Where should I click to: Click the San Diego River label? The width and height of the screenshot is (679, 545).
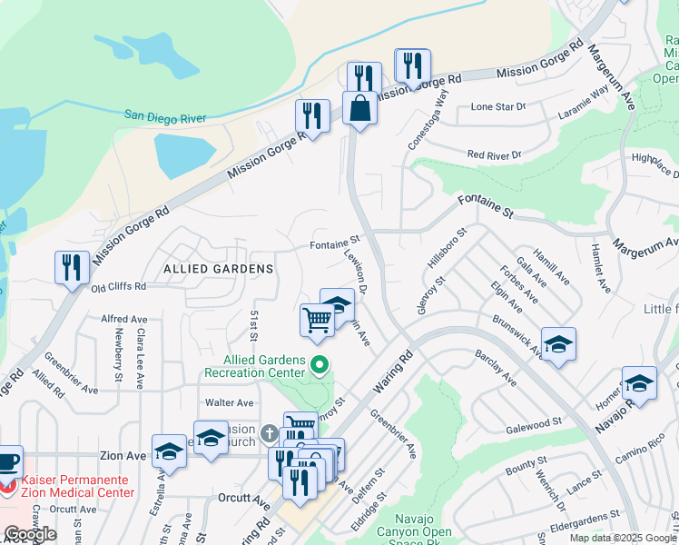pos(165,117)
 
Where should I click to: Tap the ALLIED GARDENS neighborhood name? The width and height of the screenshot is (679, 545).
pos(218,269)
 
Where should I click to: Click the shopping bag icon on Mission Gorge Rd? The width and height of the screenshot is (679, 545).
pos(359,109)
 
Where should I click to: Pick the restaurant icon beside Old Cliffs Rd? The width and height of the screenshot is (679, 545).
pos(72,268)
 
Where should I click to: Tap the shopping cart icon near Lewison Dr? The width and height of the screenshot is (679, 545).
pos(317,320)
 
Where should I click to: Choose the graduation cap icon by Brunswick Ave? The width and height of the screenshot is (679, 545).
pos(559,344)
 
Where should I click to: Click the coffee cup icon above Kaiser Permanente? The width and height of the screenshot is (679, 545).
pos(7,461)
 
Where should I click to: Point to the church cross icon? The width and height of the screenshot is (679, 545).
pos(270,434)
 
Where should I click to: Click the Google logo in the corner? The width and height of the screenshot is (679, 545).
pos(30,534)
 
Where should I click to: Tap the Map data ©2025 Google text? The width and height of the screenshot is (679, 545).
pos(622,538)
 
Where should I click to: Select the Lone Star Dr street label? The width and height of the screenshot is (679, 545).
pos(498,106)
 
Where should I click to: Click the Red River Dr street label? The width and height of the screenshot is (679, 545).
pos(495,155)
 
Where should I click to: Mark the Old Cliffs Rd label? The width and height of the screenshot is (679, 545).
pos(119,287)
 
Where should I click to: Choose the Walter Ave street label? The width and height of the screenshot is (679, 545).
pos(230,402)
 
